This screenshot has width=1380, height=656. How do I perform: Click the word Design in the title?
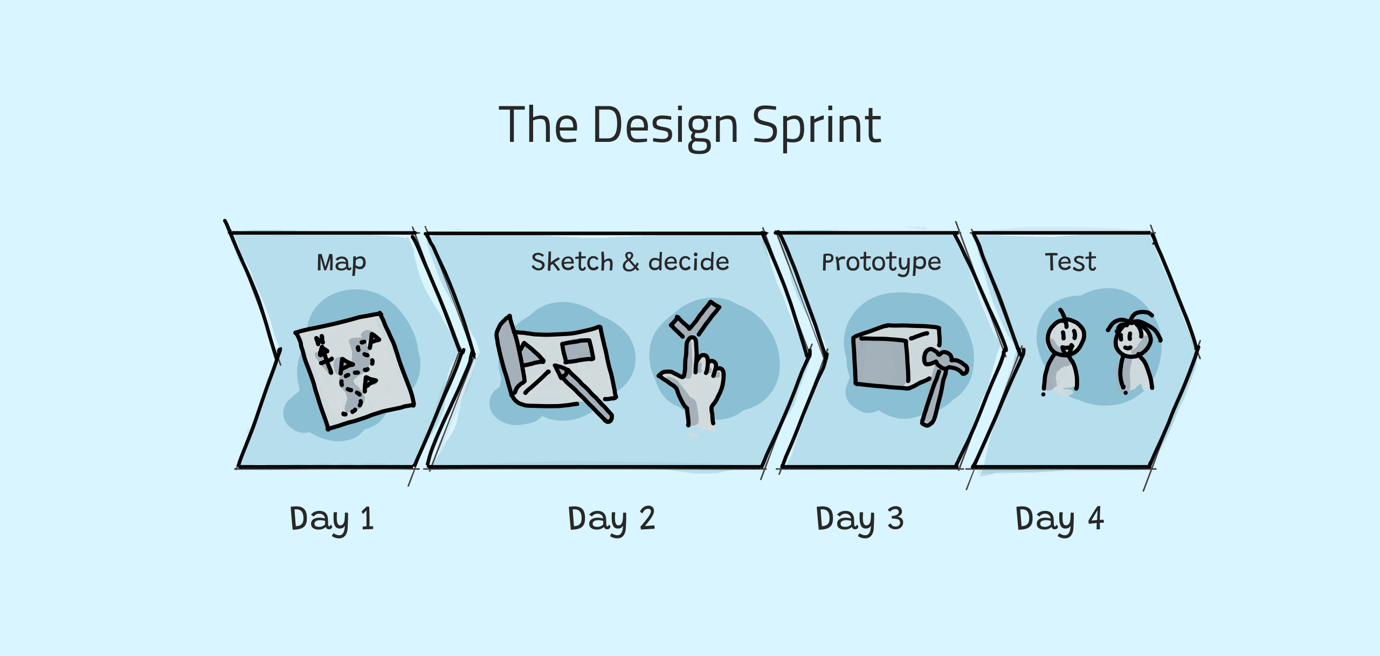665,126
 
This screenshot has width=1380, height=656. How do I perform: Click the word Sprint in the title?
817,126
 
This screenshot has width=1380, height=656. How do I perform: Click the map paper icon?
354,371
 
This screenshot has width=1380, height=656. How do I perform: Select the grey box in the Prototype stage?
895,356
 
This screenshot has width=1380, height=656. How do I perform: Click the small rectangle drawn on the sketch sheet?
577,352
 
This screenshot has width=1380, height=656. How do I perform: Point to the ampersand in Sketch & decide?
630,262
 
